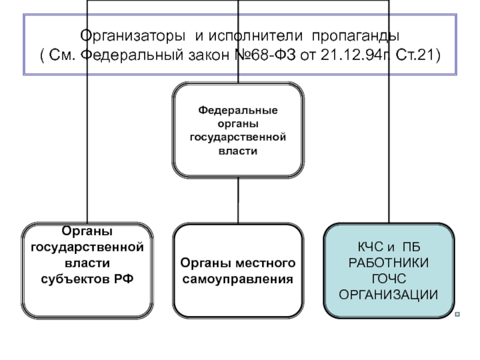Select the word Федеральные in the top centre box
coord(238,112)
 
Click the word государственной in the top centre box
coord(238,138)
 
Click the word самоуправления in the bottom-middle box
coord(238,279)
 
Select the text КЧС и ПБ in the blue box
coord(389,247)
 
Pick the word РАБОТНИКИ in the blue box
coord(389,263)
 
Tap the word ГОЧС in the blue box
coord(389,278)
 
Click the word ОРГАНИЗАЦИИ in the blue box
coord(389,294)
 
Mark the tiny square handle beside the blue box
coord(457,314)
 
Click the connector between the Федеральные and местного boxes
coord(238,200)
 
